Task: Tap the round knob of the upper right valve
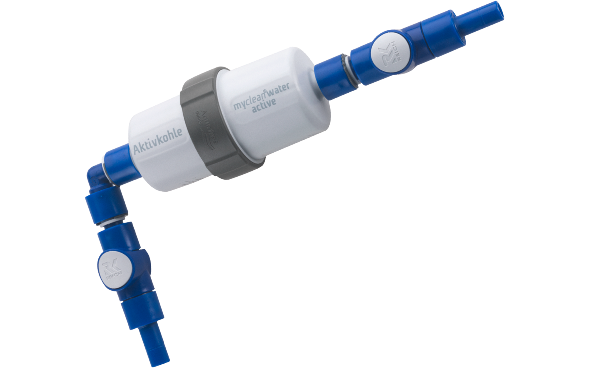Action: click(x=391, y=55)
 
